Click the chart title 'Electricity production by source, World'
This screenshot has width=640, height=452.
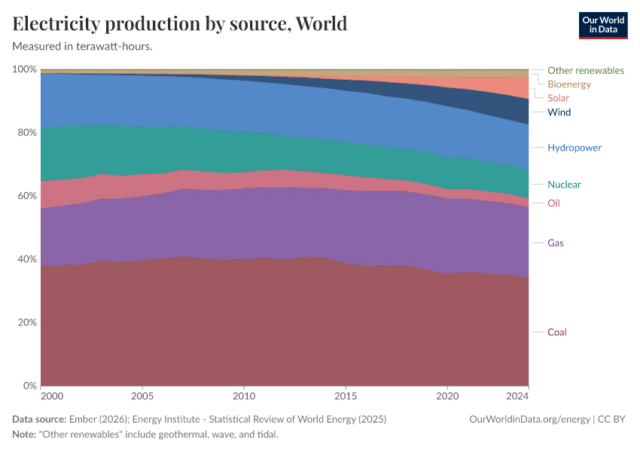(180, 23)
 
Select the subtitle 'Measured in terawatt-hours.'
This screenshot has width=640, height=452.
(83, 46)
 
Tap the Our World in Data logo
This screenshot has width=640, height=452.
(602, 25)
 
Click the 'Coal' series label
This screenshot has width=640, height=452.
(556, 332)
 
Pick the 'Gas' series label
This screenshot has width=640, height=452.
(556, 243)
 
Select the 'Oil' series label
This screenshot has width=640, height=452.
(553, 203)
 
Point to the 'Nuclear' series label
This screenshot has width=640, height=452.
(564, 185)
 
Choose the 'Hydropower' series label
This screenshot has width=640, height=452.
(574, 148)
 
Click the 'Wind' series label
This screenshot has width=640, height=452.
(559, 112)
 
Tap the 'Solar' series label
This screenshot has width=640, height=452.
(558, 98)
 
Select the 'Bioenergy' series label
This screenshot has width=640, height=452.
(569, 84)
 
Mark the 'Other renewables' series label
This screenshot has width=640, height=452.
(585, 70)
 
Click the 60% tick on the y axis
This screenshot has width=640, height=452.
(26, 196)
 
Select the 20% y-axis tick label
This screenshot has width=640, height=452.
(26, 322)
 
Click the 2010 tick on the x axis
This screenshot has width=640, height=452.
(243, 395)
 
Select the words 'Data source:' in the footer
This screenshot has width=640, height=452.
(39, 419)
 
